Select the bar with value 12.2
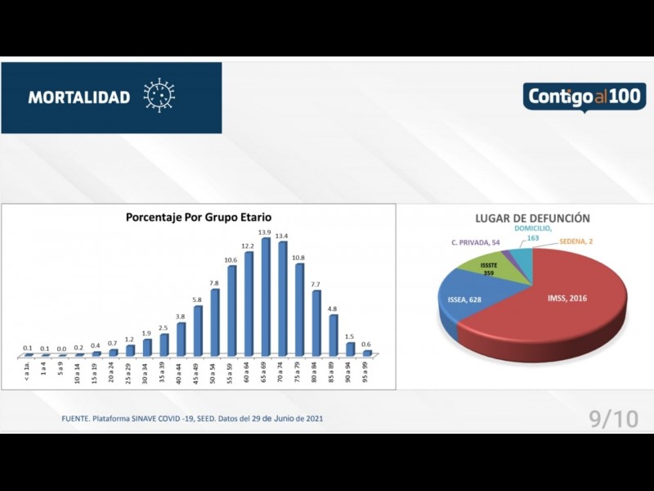click(249, 304)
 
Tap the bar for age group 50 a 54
click(215, 323)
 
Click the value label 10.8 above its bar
click(299, 258)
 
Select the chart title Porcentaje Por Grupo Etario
click(199, 218)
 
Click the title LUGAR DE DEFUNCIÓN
click(532, 218)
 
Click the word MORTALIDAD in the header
click(79, 97)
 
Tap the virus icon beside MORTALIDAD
click(159, 96)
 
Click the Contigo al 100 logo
click(585, 97)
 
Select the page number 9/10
click(613, 418)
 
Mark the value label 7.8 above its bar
click(214, 283)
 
